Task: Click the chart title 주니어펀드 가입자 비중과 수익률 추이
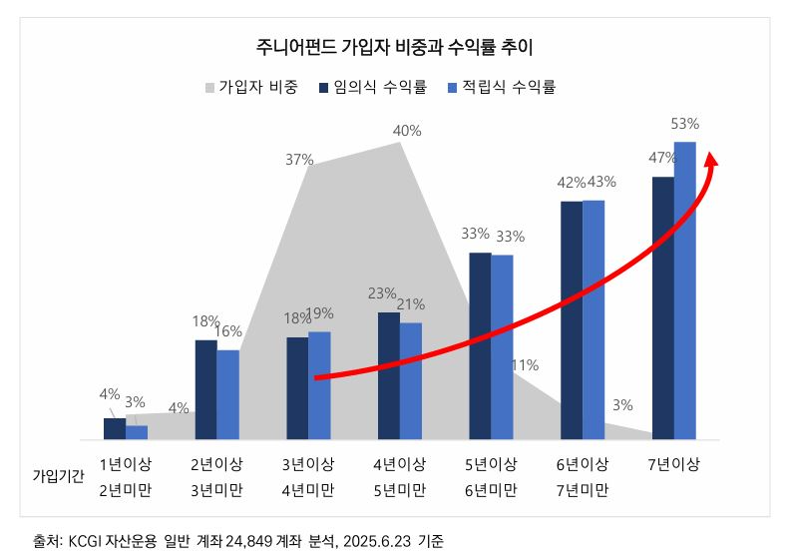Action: tap(396, 47)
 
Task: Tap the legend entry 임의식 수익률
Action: tap(373, 88)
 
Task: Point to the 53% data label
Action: tap(684, 124)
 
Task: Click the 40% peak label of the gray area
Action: tap(407, 130)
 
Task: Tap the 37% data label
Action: tap(299, 159)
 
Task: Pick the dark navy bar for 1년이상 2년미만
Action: tap(115, 428)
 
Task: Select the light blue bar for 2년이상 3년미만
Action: tap(227, 394)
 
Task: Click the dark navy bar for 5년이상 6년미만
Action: tap(480, 345)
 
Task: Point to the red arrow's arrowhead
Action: tap(712, 160)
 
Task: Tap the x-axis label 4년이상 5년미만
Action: tap(400, 477)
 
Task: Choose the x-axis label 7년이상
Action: tap(673, 465)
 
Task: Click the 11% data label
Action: tap(525, 365)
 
